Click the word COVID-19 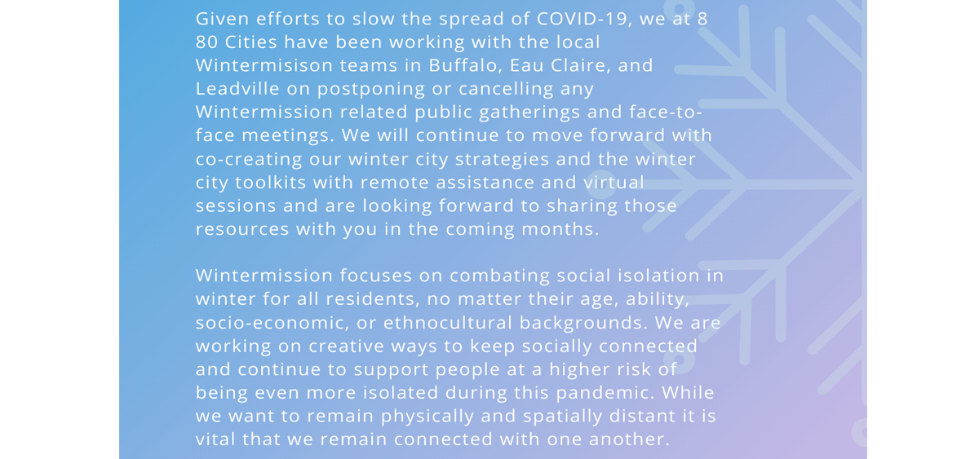[x=584, y=20]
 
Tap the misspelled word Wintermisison [x=264, y=65]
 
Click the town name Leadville [x=237, y=89]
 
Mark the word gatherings [x=529, y=113]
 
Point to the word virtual [x=614, y=183]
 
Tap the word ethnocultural [x=448, y=323]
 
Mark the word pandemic [x=605, y=393]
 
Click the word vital [x=215, y=439]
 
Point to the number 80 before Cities [x=206, y=42]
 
